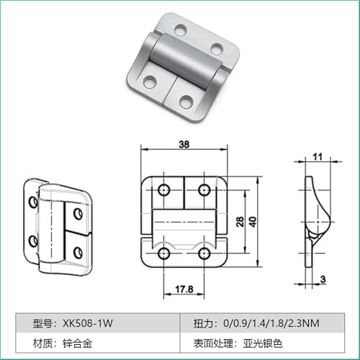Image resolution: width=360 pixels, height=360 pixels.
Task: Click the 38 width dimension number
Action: coord(184,144)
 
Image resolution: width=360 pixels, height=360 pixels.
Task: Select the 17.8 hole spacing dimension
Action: coord(184,289)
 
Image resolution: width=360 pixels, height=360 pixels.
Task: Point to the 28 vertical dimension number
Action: coord(240,221)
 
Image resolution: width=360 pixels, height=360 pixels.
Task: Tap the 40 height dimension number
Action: coord(253,221)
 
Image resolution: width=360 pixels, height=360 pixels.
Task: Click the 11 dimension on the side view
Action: coord(318,157)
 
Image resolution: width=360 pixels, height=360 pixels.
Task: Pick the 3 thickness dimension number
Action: coord(323,279)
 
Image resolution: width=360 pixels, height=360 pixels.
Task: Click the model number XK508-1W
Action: coord(88,323)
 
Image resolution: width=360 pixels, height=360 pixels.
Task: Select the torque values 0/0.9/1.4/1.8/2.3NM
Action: coord(271,323)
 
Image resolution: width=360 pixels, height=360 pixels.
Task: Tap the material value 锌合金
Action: coord(78,343)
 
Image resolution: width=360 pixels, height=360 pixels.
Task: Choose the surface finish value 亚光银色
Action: coord(263,343)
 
